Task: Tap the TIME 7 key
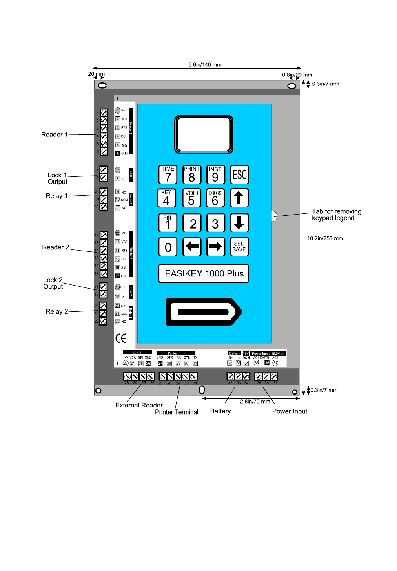(168, 175)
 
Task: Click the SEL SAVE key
(239, 247)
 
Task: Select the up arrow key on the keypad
(239, 198)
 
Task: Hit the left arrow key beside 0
(192, 247)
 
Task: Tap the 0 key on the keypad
(168, 247)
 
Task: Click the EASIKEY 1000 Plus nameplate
(204, 273)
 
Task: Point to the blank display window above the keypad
(204, 135)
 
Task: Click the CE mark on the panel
(121, 338)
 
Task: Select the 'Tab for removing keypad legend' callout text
(336, 215)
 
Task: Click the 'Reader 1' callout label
(54, 135)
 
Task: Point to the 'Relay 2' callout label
(57, 311)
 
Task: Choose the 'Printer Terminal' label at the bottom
(176, 412)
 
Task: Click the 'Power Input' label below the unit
(290, 411)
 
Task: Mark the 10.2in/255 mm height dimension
(325, 238)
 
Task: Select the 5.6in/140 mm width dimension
(205, 65)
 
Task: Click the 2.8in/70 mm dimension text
(255, 401)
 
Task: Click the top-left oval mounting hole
(102, 85)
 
